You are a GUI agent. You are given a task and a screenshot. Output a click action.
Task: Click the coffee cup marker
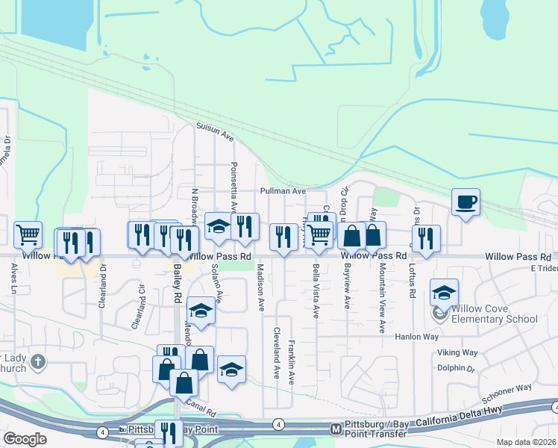click(x=465, y=202)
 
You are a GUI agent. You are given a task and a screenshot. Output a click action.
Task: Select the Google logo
click(x=25, y=439)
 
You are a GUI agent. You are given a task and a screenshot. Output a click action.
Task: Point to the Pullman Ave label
click(x=283, y=191)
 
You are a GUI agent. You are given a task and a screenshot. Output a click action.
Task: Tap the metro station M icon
click(x=336, y=429)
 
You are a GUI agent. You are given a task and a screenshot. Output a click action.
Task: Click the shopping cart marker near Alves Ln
click(x=28, y=234)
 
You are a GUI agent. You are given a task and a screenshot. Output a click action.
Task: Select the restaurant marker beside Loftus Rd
click(x=426, y=238)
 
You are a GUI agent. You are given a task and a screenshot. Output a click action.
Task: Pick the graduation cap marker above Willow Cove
click(x=444, y=293)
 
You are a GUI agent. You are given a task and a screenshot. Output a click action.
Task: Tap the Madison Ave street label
click(x=261, y=287)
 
